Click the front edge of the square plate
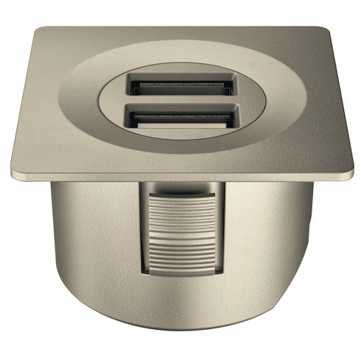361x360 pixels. pos(180,176)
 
